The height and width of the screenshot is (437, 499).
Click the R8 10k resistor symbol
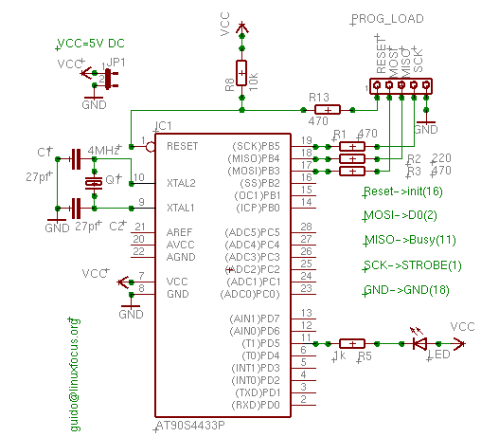click(241, 72)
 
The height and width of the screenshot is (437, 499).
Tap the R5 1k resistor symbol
click(351, 344)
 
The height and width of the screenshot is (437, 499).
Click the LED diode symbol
click(419, 344)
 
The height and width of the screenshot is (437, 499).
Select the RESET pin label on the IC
click(182, 146)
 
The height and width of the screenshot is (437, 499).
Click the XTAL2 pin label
click(181, 181)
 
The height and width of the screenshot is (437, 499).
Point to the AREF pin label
click(179, 231)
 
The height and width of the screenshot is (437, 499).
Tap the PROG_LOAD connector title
click(385, 19)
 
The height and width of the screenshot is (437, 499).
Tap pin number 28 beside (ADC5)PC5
click(306, 228)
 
